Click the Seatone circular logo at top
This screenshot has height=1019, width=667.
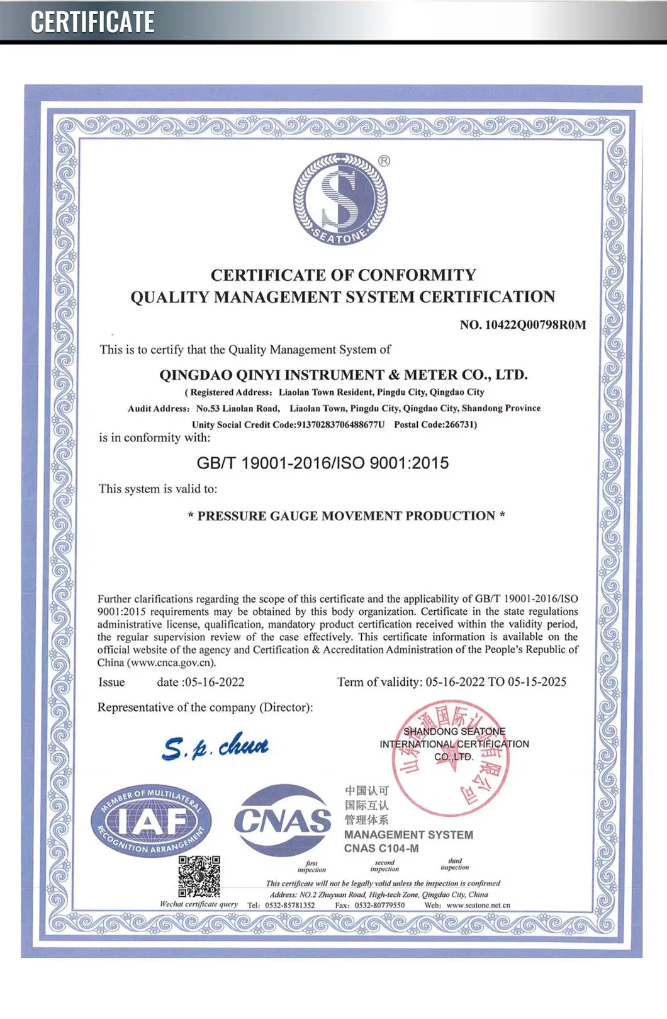(340, 199)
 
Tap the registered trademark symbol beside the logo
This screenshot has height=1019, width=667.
(384, 161)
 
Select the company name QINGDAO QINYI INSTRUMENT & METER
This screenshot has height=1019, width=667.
(344, 375)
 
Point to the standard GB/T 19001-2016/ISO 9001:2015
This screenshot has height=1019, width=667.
(323, 463)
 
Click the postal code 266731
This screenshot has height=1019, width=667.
(461, 424)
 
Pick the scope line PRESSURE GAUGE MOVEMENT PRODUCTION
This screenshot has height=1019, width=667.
(346, 516)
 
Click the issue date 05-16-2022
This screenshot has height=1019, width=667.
(215, 682)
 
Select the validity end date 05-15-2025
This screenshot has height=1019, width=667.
(537, 681)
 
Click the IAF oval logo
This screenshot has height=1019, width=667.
(151, 820)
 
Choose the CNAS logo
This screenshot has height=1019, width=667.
(283, 820)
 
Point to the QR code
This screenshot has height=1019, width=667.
(199, 876)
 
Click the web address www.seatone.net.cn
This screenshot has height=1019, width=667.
(478, 905)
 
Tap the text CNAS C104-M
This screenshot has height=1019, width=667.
(381, 848)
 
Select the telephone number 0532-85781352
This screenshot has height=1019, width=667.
(289, 905)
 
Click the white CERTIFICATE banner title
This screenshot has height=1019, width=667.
(92, 22)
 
